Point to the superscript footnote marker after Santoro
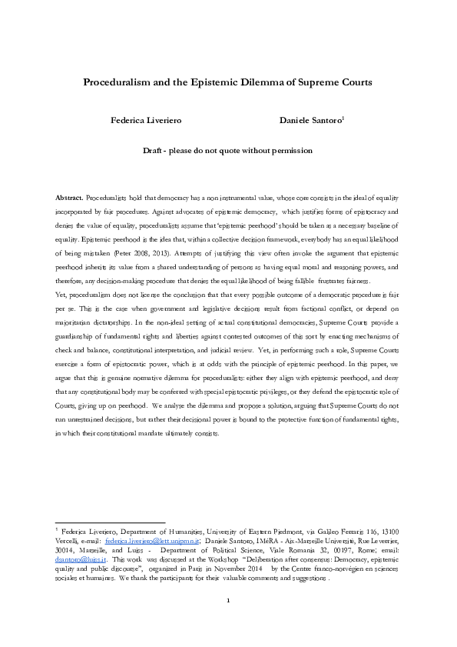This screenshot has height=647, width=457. click(343, 118)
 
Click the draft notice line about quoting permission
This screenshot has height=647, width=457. click(228, 152)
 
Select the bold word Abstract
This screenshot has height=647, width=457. click(70, 198)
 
